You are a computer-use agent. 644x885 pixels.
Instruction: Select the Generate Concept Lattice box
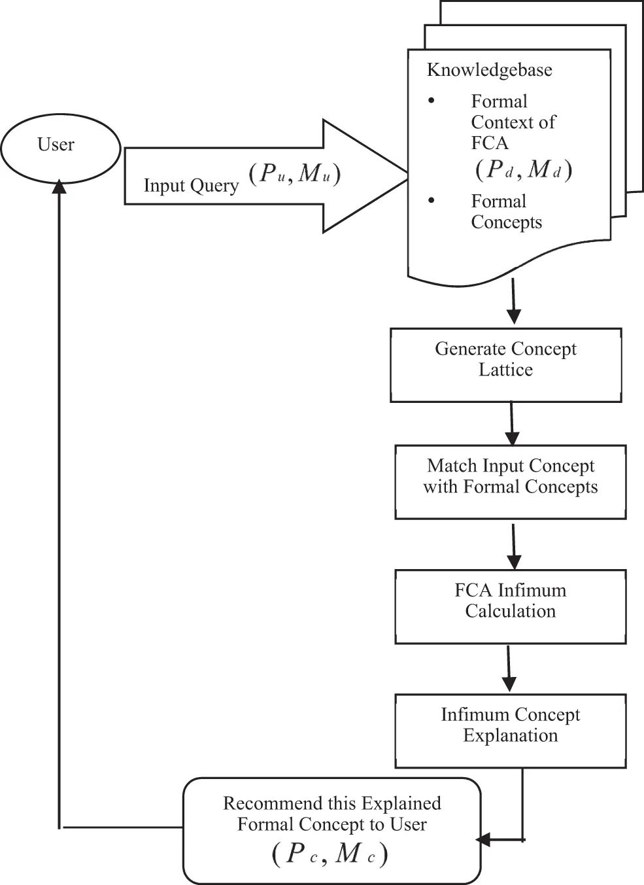click(505, 364)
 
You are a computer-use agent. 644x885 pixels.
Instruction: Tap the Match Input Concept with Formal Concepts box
click(510, 482)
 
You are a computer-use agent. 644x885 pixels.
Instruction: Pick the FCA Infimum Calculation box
click(510, 606)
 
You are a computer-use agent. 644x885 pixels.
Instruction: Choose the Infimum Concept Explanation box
click(510, 730)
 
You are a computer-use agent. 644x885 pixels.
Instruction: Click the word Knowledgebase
click(489, 70)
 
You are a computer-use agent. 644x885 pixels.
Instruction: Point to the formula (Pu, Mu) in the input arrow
click(295, 173)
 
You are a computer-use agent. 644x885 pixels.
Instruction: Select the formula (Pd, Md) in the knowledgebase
click(523, 169)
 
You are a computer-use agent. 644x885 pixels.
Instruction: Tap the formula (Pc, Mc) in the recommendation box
click(330, 854)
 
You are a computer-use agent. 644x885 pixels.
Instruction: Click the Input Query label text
click(191, 186)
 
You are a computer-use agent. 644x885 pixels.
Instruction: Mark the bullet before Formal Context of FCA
click(431, 101)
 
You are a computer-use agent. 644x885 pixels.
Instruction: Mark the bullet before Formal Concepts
click(431, 200)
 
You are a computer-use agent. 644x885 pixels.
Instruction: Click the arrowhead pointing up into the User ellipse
click(59, 186)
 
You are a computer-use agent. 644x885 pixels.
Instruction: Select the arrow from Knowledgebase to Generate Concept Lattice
click(514, 302)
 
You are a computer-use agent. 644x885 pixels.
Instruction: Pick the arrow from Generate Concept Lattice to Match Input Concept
click(512, 424)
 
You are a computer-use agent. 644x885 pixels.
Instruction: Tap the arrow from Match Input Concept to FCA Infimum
click(514, 546)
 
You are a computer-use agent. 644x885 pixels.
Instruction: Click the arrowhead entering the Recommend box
click(483, 840)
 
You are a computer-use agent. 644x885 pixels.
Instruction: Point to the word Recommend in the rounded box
click(263, 803)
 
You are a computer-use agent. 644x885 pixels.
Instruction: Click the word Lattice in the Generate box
click(505, 370)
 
